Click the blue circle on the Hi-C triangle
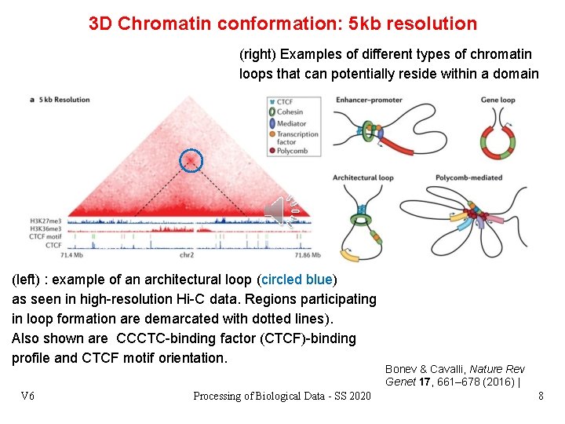[191, 160]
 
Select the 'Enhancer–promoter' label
[370, 100]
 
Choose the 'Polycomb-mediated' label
[468, 177]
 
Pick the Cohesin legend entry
[289, 112]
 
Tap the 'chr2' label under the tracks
[186, 256]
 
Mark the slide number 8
[540, 396]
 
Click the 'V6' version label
[27, 396]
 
